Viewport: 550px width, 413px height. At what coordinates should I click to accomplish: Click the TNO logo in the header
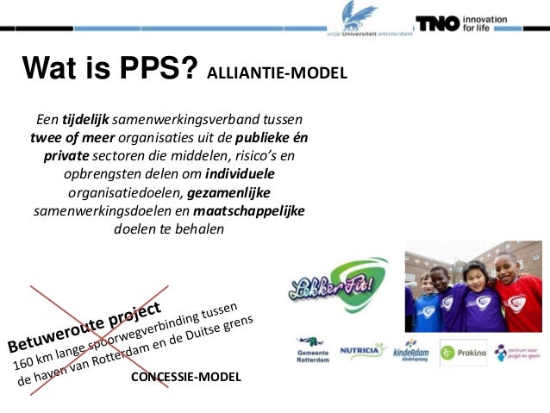pyautogui.click(x=438, y=23)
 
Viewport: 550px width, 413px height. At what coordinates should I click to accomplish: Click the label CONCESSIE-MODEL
pyautogui.click(x=185, y=378)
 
